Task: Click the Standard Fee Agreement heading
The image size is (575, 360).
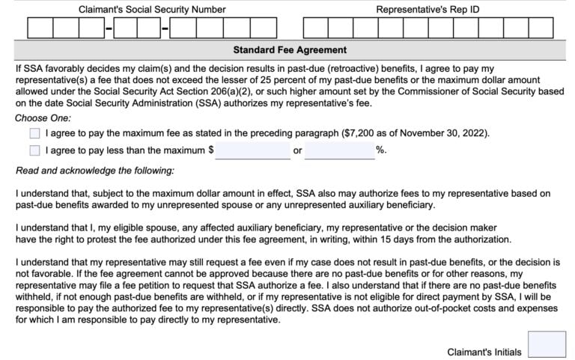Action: point(290,50)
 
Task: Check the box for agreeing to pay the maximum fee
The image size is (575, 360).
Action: point(34,134)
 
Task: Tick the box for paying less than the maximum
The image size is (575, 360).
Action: point(34,150)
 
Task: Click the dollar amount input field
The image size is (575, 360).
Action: point(253,150)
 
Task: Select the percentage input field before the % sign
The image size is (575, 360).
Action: point(339,150)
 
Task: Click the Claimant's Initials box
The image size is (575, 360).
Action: point(547,345)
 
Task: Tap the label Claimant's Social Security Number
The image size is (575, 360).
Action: point(152,10)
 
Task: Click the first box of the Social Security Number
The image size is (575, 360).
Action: point(40,28)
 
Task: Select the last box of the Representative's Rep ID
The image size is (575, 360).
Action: point(540,28)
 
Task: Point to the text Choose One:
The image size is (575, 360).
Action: point(43,118)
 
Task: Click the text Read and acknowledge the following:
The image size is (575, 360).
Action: point(94,171)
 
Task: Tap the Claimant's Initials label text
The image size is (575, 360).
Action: point(484,352)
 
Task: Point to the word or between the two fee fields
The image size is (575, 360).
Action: point(298,150)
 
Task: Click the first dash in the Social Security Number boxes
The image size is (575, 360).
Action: point(109,28)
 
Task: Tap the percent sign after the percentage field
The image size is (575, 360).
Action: point(380,150)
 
